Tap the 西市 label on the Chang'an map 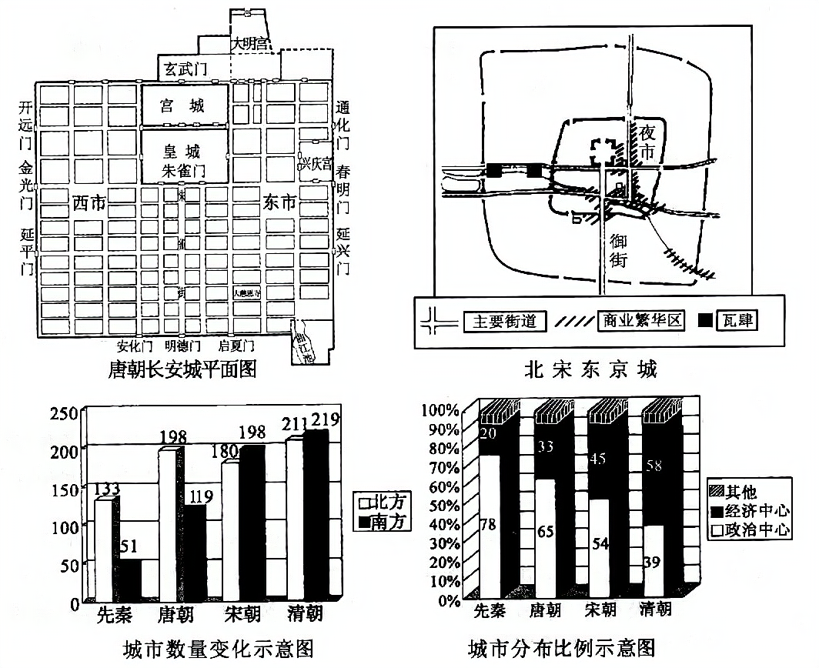90,204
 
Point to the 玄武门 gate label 186,69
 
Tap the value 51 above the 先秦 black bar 129,546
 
